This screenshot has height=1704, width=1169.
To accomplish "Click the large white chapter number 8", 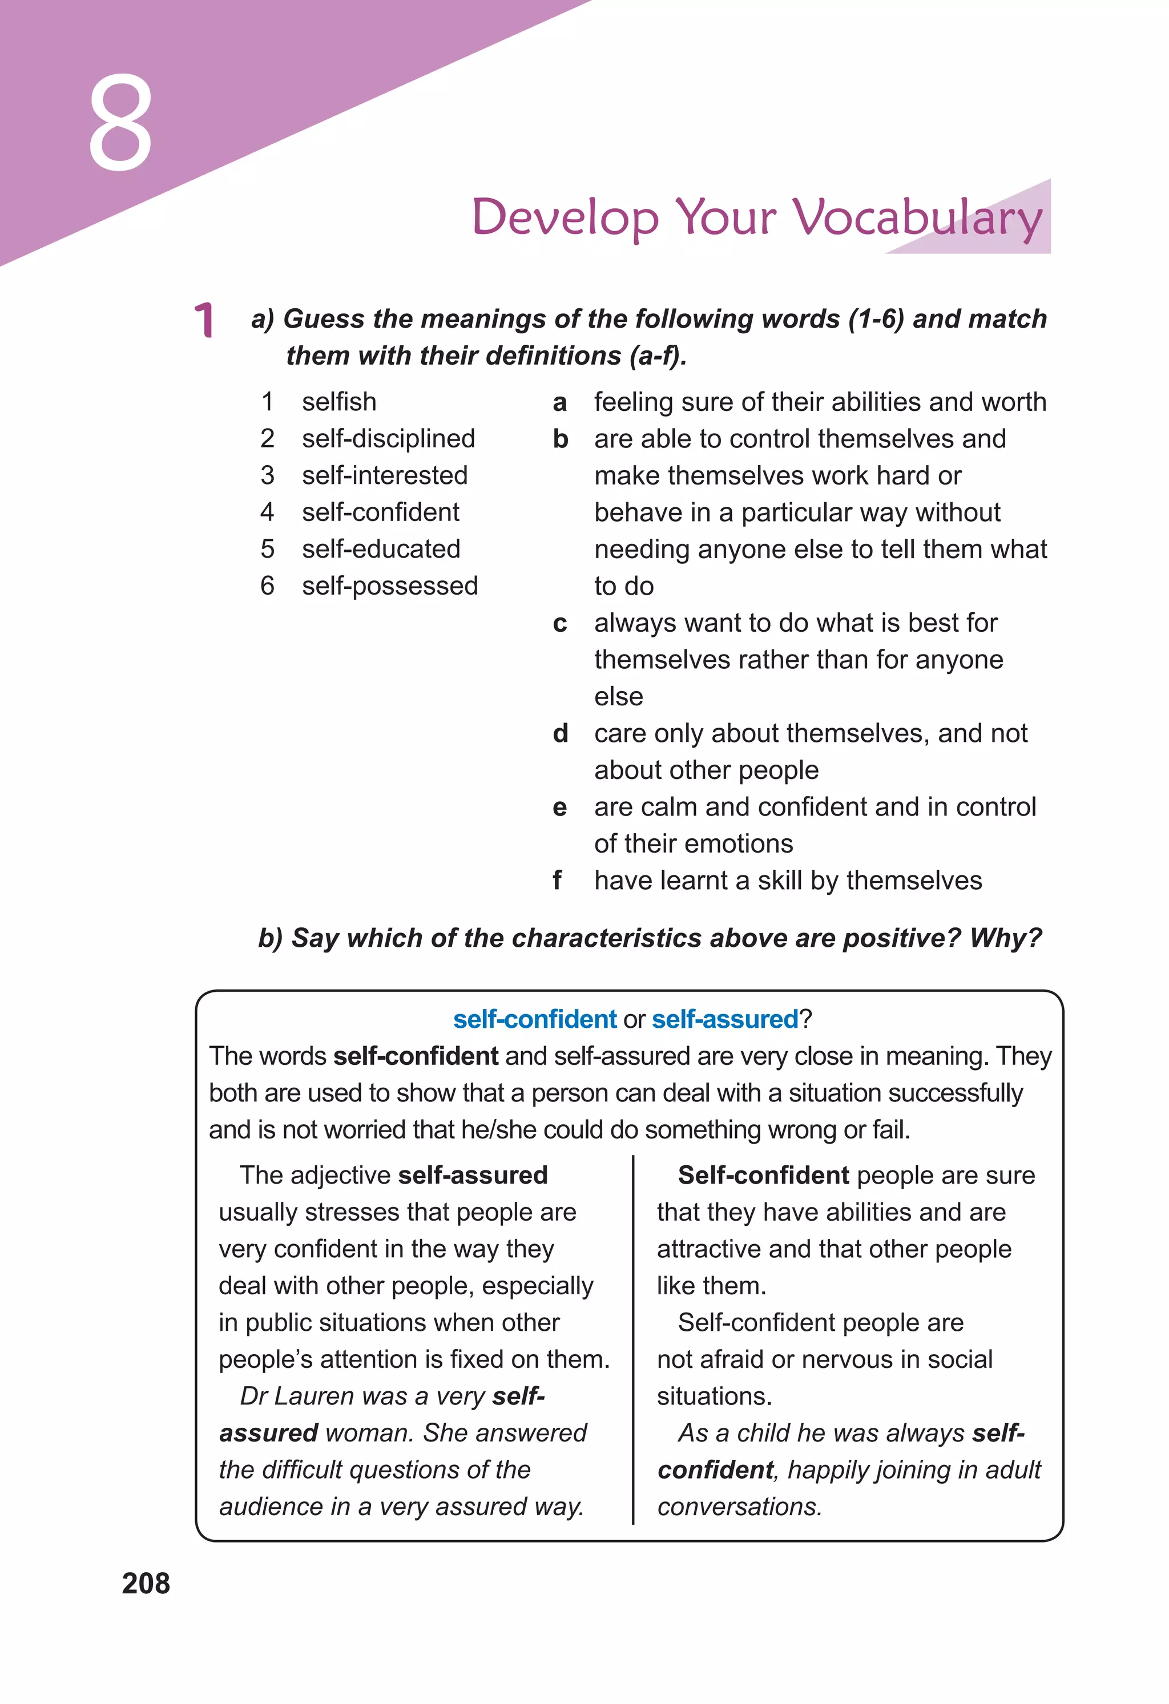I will coord(120,123).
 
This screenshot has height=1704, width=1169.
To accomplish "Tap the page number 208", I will coord(146,1583).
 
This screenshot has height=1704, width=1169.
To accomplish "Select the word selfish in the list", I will coord(339,402).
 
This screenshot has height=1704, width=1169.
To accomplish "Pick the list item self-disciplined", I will coord(388,438).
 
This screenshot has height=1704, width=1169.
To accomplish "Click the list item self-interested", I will coord(384,475).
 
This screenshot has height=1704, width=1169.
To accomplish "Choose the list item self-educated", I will coord(381,549).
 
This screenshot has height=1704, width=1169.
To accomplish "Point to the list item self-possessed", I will coord(389,586).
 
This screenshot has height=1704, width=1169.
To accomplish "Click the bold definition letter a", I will coord(559,402).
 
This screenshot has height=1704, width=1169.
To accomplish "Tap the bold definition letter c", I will coord(559,623).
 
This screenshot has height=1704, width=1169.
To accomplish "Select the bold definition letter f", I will coord(557,881).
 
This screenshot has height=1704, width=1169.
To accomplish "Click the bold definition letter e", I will coord(559,807).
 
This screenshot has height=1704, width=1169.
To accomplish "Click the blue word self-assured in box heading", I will coord(724,1019).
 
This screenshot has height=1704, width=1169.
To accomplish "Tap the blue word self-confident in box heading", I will coord(535,1019).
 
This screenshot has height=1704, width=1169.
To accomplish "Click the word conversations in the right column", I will coord(739,1507).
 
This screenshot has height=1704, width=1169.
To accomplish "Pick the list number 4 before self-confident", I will coord(267,512).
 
